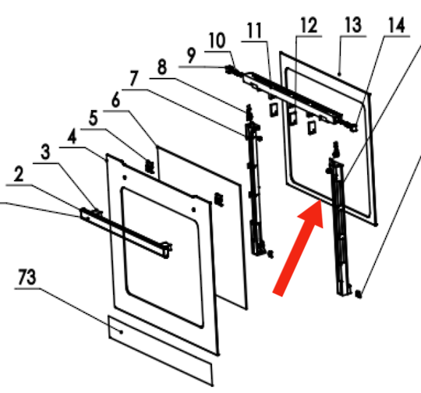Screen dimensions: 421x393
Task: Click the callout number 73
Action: click(x=27, y=277)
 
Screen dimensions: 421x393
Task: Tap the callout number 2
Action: click(x=19, y=174)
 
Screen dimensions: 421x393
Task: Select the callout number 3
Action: click(x=45, y=152)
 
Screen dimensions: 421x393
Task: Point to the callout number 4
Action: click(x=72, y=136)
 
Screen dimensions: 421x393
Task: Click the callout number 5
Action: click(x=94, y=119)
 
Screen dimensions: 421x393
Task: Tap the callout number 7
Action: click(x=134, y=78)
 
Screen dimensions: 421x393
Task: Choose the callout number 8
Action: click(x=162, y=67)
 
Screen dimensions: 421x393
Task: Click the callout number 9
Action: click(x=191, y=55)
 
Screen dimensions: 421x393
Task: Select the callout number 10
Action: click(x=217, y=41)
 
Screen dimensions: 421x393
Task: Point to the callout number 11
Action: click(x=254, y=30)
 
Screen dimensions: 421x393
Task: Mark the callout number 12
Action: click(x=309, y=25)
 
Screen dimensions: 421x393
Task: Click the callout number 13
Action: click(x=353, y=25)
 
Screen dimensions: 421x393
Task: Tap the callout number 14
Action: click(x=397, y=25)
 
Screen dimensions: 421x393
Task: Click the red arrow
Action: click(x=298, y=248)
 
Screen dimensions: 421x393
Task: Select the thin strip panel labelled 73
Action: click(x=161, y=351)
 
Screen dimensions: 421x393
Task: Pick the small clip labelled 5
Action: click(x=150, y=166)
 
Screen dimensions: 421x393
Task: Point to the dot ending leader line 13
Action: click(x=340, y=74)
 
